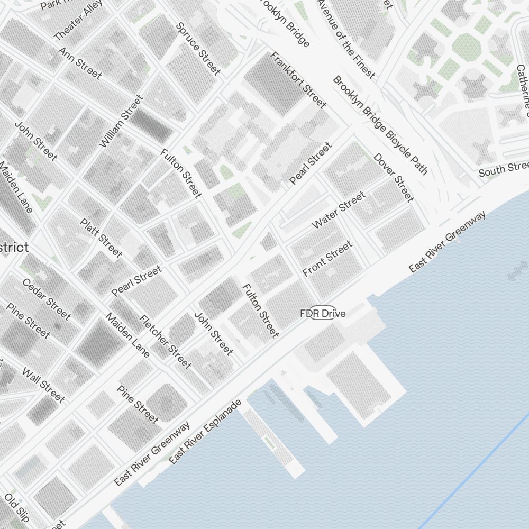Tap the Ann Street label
(80, 63)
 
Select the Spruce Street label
(198, 48)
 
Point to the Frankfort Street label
(298, 80)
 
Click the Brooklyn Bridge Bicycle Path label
(380, 125)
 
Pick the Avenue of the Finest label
(346, 38)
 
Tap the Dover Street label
(393, 177)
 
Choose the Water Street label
(339, 210)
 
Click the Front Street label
(327, 258)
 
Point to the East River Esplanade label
(205, 432)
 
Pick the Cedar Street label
(46, 299)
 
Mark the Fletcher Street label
(165, 341)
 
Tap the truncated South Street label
(503, 170)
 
